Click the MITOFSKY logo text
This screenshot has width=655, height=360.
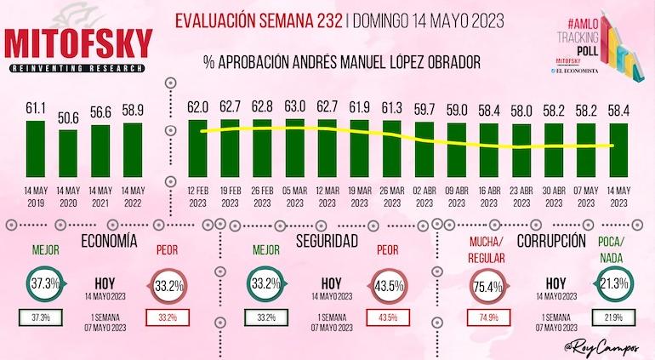coord(78,44)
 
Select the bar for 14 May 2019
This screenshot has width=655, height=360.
coord(36,150)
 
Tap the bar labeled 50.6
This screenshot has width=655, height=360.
coord(68,154)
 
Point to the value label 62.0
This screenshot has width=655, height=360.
coord(198,107)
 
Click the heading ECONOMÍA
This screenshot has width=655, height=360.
coord(107,241)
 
